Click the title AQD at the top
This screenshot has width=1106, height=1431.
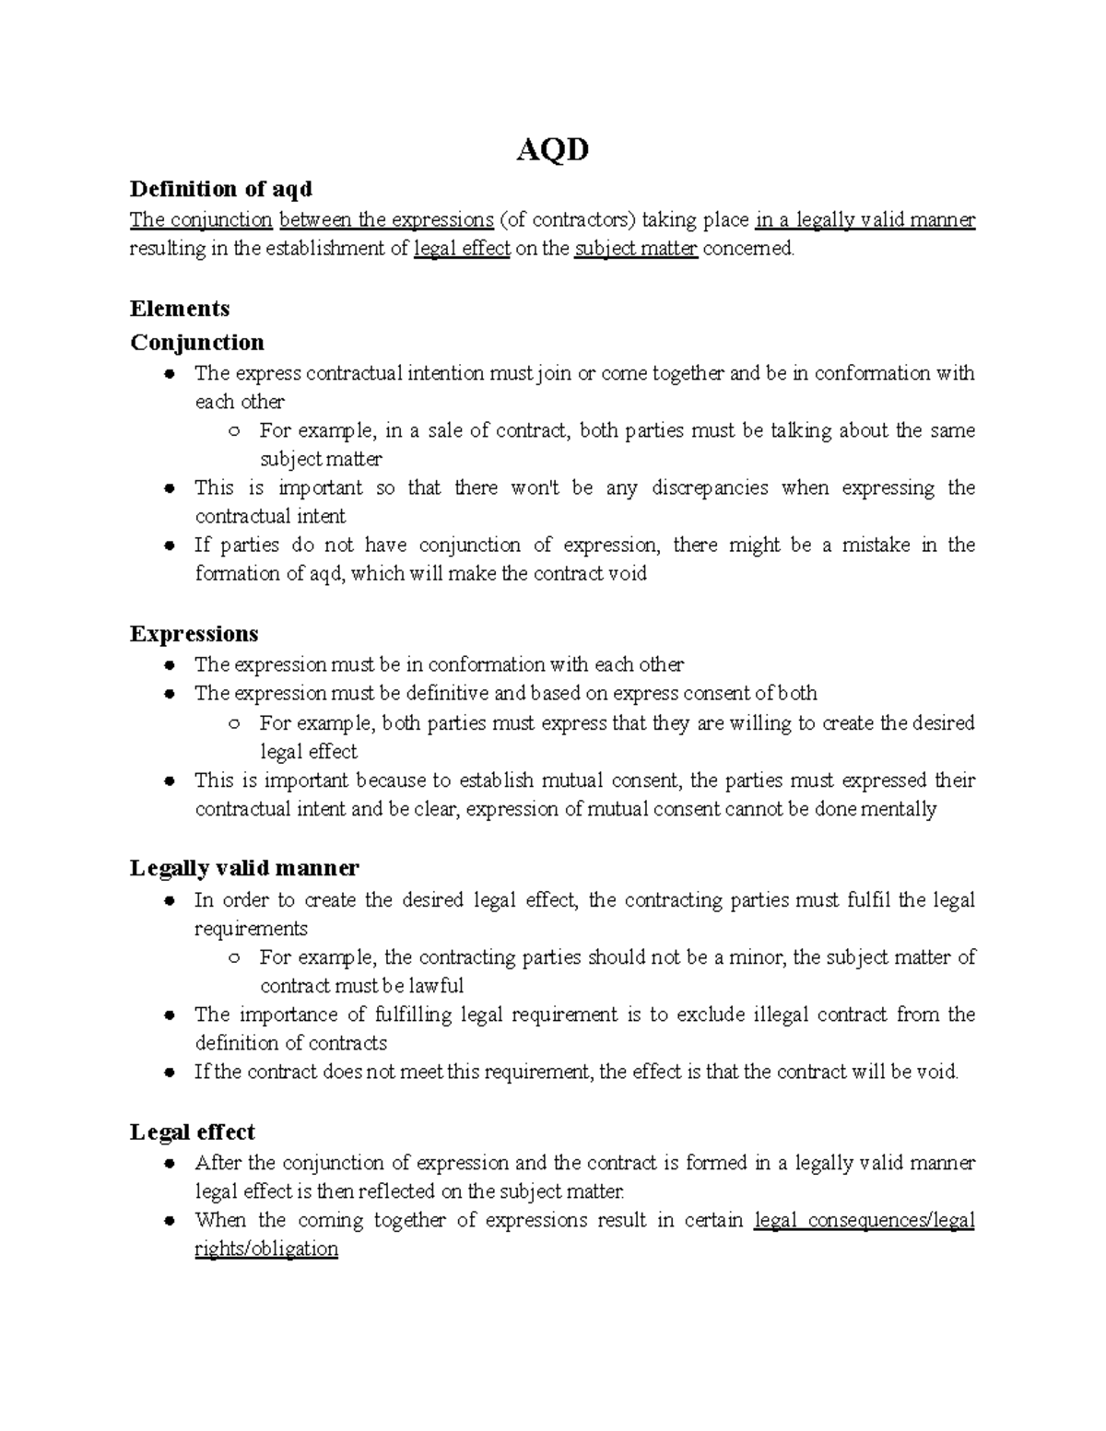552,148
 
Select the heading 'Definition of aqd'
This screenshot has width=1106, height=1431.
221,189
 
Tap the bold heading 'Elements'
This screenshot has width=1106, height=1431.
180,308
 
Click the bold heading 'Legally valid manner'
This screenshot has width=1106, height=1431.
244,868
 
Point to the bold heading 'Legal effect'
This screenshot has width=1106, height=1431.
193,1132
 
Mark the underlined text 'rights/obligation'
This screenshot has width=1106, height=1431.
266,1249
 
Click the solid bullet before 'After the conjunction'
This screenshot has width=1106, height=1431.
169,1164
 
